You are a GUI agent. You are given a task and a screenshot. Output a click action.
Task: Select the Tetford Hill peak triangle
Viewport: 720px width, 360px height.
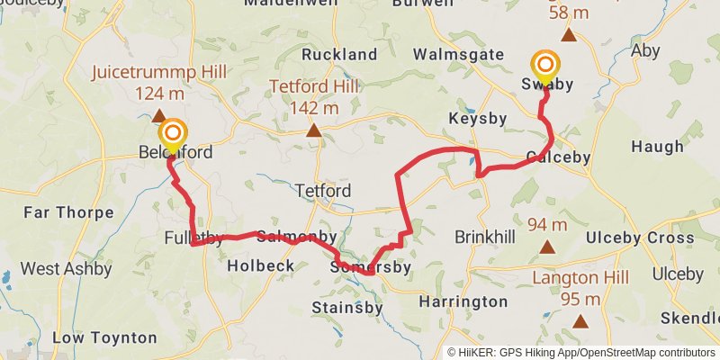click(313, 131)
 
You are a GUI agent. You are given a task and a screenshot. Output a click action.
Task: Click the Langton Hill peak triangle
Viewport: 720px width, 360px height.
click(580, 320)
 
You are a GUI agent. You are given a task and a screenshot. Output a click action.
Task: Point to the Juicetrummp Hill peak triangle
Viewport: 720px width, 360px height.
click(158, 115)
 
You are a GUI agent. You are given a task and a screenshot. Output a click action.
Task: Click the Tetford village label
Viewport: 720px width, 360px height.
click(322, 191)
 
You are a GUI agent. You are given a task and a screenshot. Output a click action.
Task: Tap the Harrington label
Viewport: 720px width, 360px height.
click(463, 301)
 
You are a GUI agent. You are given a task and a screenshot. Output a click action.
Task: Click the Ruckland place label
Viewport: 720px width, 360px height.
click(339, 55)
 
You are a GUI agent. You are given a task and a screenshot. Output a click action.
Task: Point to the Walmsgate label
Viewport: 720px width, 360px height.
click(459, 55)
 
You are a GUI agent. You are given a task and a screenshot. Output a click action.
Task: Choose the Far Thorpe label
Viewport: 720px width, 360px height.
click(68, 213)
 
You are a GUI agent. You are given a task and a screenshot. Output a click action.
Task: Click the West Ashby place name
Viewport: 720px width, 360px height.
click(66, 268)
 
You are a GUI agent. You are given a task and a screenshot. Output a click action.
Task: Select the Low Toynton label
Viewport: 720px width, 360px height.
click(104, 338)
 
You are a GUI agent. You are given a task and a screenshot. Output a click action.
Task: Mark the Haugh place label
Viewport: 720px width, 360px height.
click(657, 147)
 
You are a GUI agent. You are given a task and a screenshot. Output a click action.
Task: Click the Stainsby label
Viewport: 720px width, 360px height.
click(346, 308)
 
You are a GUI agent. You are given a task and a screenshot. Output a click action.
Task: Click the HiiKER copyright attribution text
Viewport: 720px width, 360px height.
click(580, 352)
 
